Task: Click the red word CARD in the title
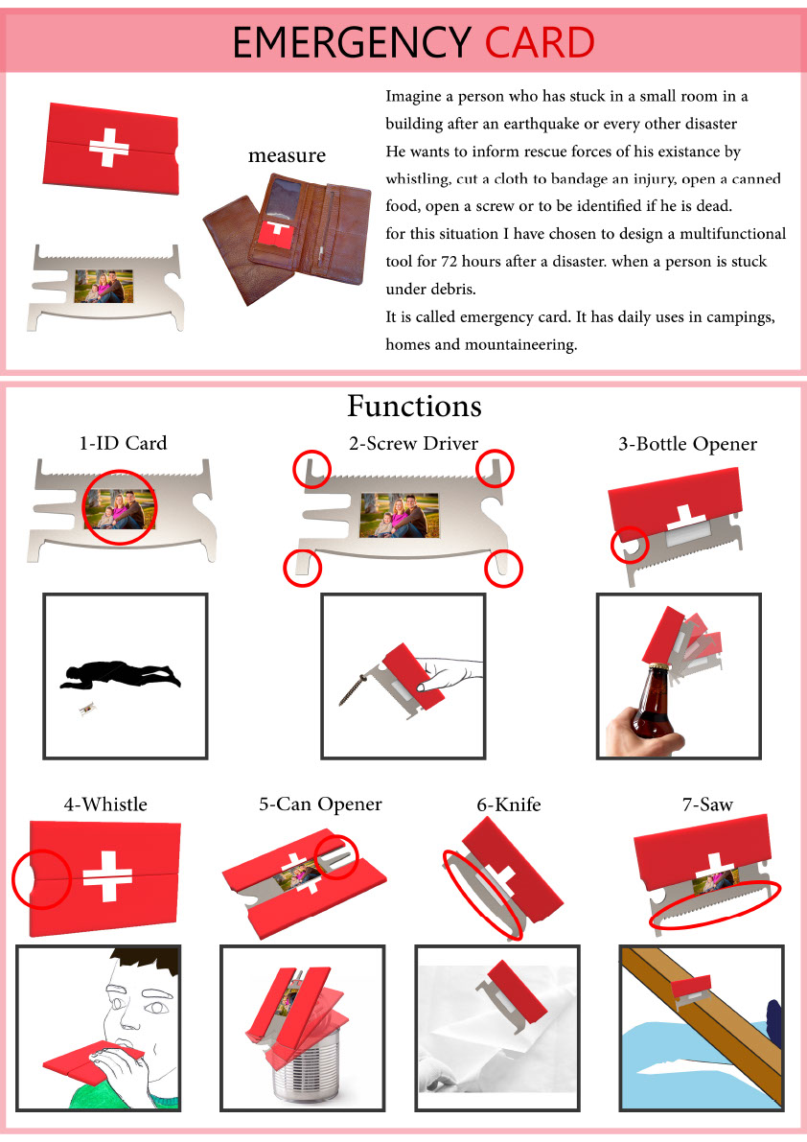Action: (540, 42)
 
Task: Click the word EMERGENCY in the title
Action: (352, 42)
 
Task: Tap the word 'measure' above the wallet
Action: (287, 155)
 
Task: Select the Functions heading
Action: (414, 406)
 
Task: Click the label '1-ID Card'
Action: (123, 443)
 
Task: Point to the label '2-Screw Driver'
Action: (413, 443)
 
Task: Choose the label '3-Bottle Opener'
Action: (687, 444)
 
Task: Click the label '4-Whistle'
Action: (105, 804)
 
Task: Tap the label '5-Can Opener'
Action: (320, 804)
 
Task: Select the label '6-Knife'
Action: (509, 804)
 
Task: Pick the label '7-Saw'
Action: (707, 804)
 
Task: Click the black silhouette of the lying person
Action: (120, 674)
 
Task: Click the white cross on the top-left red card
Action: (109, 147)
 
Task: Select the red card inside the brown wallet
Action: (276, 234)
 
